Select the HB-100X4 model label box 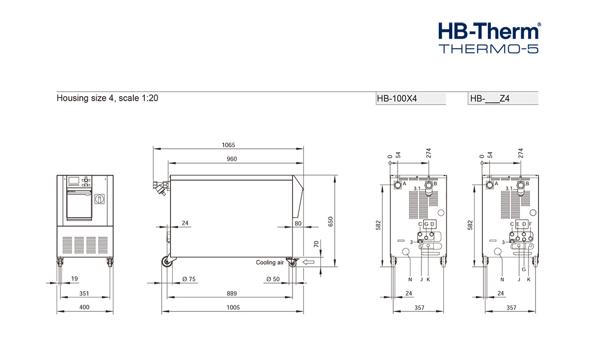pyautogui.click(x=411, y=98)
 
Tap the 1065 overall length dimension pyautogui.click(x=229, y=145)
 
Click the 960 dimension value pyautogui.click(x=232, y=159)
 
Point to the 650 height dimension pyautogui.click(x=330, y=222)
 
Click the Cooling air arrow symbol pyautogui.click(x=308, y=262)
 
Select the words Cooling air pyautogui.click(x=270, y=262)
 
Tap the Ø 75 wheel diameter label pyautogui.click(x=189, y=279)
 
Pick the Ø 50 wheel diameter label pyautogui.click(x=273, y=279)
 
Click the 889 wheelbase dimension pyautogui.click(x=232, y=294)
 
